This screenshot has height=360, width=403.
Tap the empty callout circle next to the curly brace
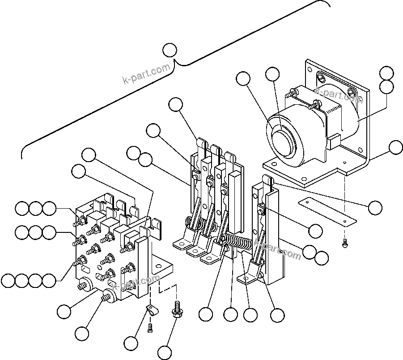(170, 50)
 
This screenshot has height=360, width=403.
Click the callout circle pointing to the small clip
(131, 343)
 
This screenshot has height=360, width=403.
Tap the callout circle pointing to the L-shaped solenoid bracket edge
(396, 147)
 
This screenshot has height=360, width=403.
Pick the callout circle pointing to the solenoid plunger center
(273, 75)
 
